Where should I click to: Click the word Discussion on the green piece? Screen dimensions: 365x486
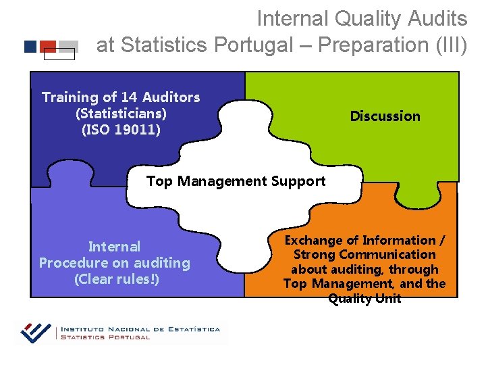pyautogui.click(x=385, y=116)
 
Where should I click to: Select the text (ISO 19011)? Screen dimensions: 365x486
pyautogui.click(x=121, y=129)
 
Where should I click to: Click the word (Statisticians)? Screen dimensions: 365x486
pyautogui.click(x=121, y=113)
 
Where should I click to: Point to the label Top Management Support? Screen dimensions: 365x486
pyautogui.click(x=236, y=181)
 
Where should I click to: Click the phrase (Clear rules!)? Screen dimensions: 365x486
pyautogui.click(x=117, y=278)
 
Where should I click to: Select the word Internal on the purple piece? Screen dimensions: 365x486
pyautogui.click(x=114, y=247)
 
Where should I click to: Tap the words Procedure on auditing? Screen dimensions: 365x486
pyautogui.click(x=114, y=263)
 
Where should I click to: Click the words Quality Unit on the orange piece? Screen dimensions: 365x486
pyautogui.click(x=364, y=299)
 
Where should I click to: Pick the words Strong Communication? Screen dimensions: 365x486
pyautogui.click(x=364, y=255)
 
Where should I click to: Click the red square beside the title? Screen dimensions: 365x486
pyautogui.click(x=48, y=46)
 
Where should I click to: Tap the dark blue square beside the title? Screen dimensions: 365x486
pyautogui.click(x=30, y=47)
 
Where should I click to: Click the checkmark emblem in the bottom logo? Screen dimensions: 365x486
pyautogui.click(x=36, y=332)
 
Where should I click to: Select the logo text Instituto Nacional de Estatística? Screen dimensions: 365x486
pyautogui.click(x=140, y=329)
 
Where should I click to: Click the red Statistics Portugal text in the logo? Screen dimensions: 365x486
pyautogui.click(x=105, y=337)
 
